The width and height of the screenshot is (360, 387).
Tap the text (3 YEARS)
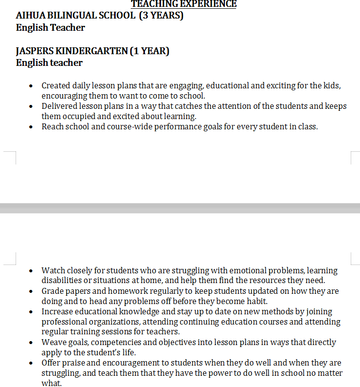pyautogui.click(x=161, y=16)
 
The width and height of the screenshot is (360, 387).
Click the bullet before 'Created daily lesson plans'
pyautogui.click(x=31, y=86)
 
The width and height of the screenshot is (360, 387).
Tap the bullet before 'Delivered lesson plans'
pyautogui.click(x=31, y=106)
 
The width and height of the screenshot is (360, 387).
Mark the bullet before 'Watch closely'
pyautogui.click(x=31, y=271)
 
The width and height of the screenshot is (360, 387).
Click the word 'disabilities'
pyautogui.click(x=60, y=281)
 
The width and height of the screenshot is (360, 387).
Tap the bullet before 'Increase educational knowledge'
pyautogui.click(x=31, y=312)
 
